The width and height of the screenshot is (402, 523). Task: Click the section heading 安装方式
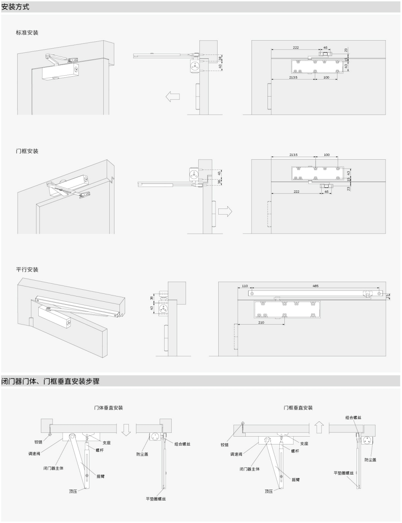(15, 7)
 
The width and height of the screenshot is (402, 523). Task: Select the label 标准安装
(27, 33)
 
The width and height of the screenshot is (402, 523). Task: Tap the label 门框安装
(27, 151)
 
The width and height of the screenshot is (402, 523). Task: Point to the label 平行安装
(27, 269)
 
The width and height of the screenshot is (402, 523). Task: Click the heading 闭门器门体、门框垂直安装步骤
(50, 381)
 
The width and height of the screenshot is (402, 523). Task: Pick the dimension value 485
(315, 286)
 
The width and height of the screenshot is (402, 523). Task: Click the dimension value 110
(245, 286)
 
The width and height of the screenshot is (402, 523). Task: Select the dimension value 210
(261, 322)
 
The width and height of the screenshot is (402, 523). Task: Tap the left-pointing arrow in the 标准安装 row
(173, 97)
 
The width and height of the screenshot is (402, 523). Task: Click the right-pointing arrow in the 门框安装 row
(225, 212)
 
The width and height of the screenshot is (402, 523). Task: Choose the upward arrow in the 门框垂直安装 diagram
(319, 427)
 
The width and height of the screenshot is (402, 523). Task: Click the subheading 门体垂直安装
(109, 408)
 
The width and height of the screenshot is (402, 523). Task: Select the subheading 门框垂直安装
(298, 408)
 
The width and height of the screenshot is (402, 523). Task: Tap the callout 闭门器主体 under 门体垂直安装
(53, 468)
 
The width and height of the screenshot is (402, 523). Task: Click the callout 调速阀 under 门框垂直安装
(236, 454)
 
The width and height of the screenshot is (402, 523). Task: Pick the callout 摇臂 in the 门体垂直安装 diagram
(101, 476)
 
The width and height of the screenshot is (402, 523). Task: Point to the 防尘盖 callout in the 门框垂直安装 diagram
(370, 460)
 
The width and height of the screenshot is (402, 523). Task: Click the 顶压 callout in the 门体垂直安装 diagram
(73, 491)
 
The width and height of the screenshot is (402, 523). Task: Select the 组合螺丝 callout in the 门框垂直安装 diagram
(354, 417)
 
